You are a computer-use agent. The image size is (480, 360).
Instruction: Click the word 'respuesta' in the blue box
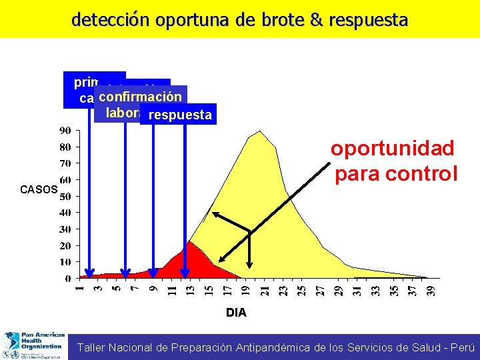click(180, 115)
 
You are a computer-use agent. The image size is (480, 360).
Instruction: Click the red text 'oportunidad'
click(392, 148)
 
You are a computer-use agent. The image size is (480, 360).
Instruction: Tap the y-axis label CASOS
click(39, 190)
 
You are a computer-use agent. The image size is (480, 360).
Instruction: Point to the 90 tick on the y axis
click(65, 131)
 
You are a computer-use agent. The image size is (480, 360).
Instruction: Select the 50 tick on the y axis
click(65, 197)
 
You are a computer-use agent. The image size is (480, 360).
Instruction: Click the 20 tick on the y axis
click(65, 246)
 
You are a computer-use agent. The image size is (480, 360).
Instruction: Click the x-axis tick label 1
click(79, 288)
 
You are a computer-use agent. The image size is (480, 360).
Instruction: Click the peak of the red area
click(190, 241)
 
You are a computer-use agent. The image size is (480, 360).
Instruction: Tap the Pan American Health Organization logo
click(33, 345)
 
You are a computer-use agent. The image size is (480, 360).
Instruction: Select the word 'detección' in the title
click(111, 20)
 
